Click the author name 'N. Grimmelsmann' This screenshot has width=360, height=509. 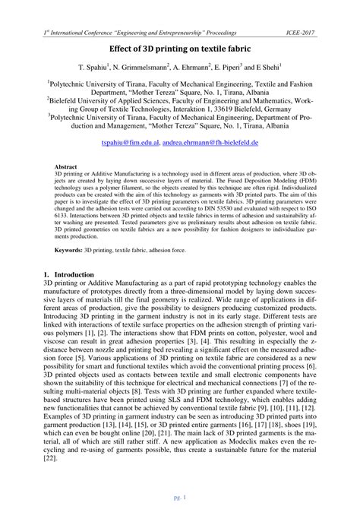[147, 68]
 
